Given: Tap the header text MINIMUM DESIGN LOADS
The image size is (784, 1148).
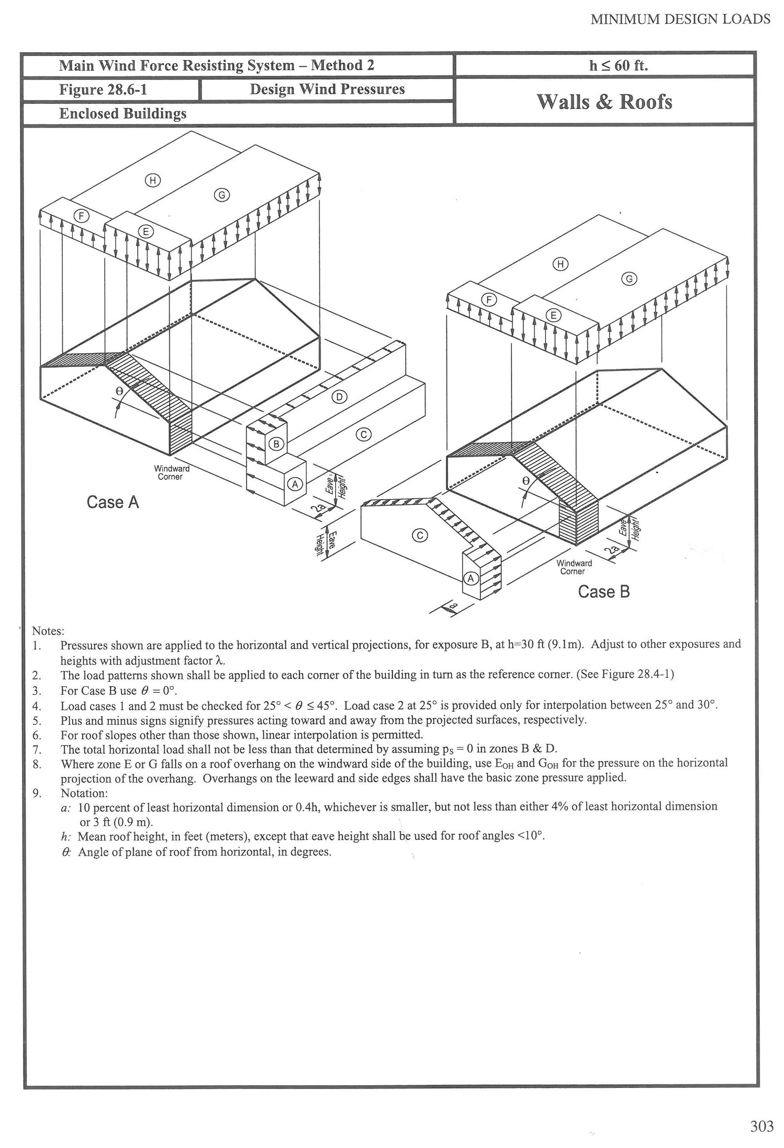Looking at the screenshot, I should click(680, 19).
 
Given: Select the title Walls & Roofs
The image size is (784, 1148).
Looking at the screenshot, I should click(604, 102).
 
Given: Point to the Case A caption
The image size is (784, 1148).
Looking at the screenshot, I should click(113, 503).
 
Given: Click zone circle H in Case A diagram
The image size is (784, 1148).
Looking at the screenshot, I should click(153, 180).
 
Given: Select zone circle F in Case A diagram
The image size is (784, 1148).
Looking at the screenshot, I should click(81, 215).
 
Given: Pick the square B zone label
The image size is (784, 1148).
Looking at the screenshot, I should click(276, 444).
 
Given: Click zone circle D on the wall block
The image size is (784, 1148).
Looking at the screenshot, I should click(339, 397).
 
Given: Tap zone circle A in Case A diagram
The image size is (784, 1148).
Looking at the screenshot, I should click(295, 484).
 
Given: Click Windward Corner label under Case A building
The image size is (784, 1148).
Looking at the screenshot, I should click(171, 473).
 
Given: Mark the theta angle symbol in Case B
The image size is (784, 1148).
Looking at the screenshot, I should click(525, 480).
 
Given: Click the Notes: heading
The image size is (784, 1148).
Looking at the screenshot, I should click(48, 631).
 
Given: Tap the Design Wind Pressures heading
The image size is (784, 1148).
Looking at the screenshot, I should click(327, 89).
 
